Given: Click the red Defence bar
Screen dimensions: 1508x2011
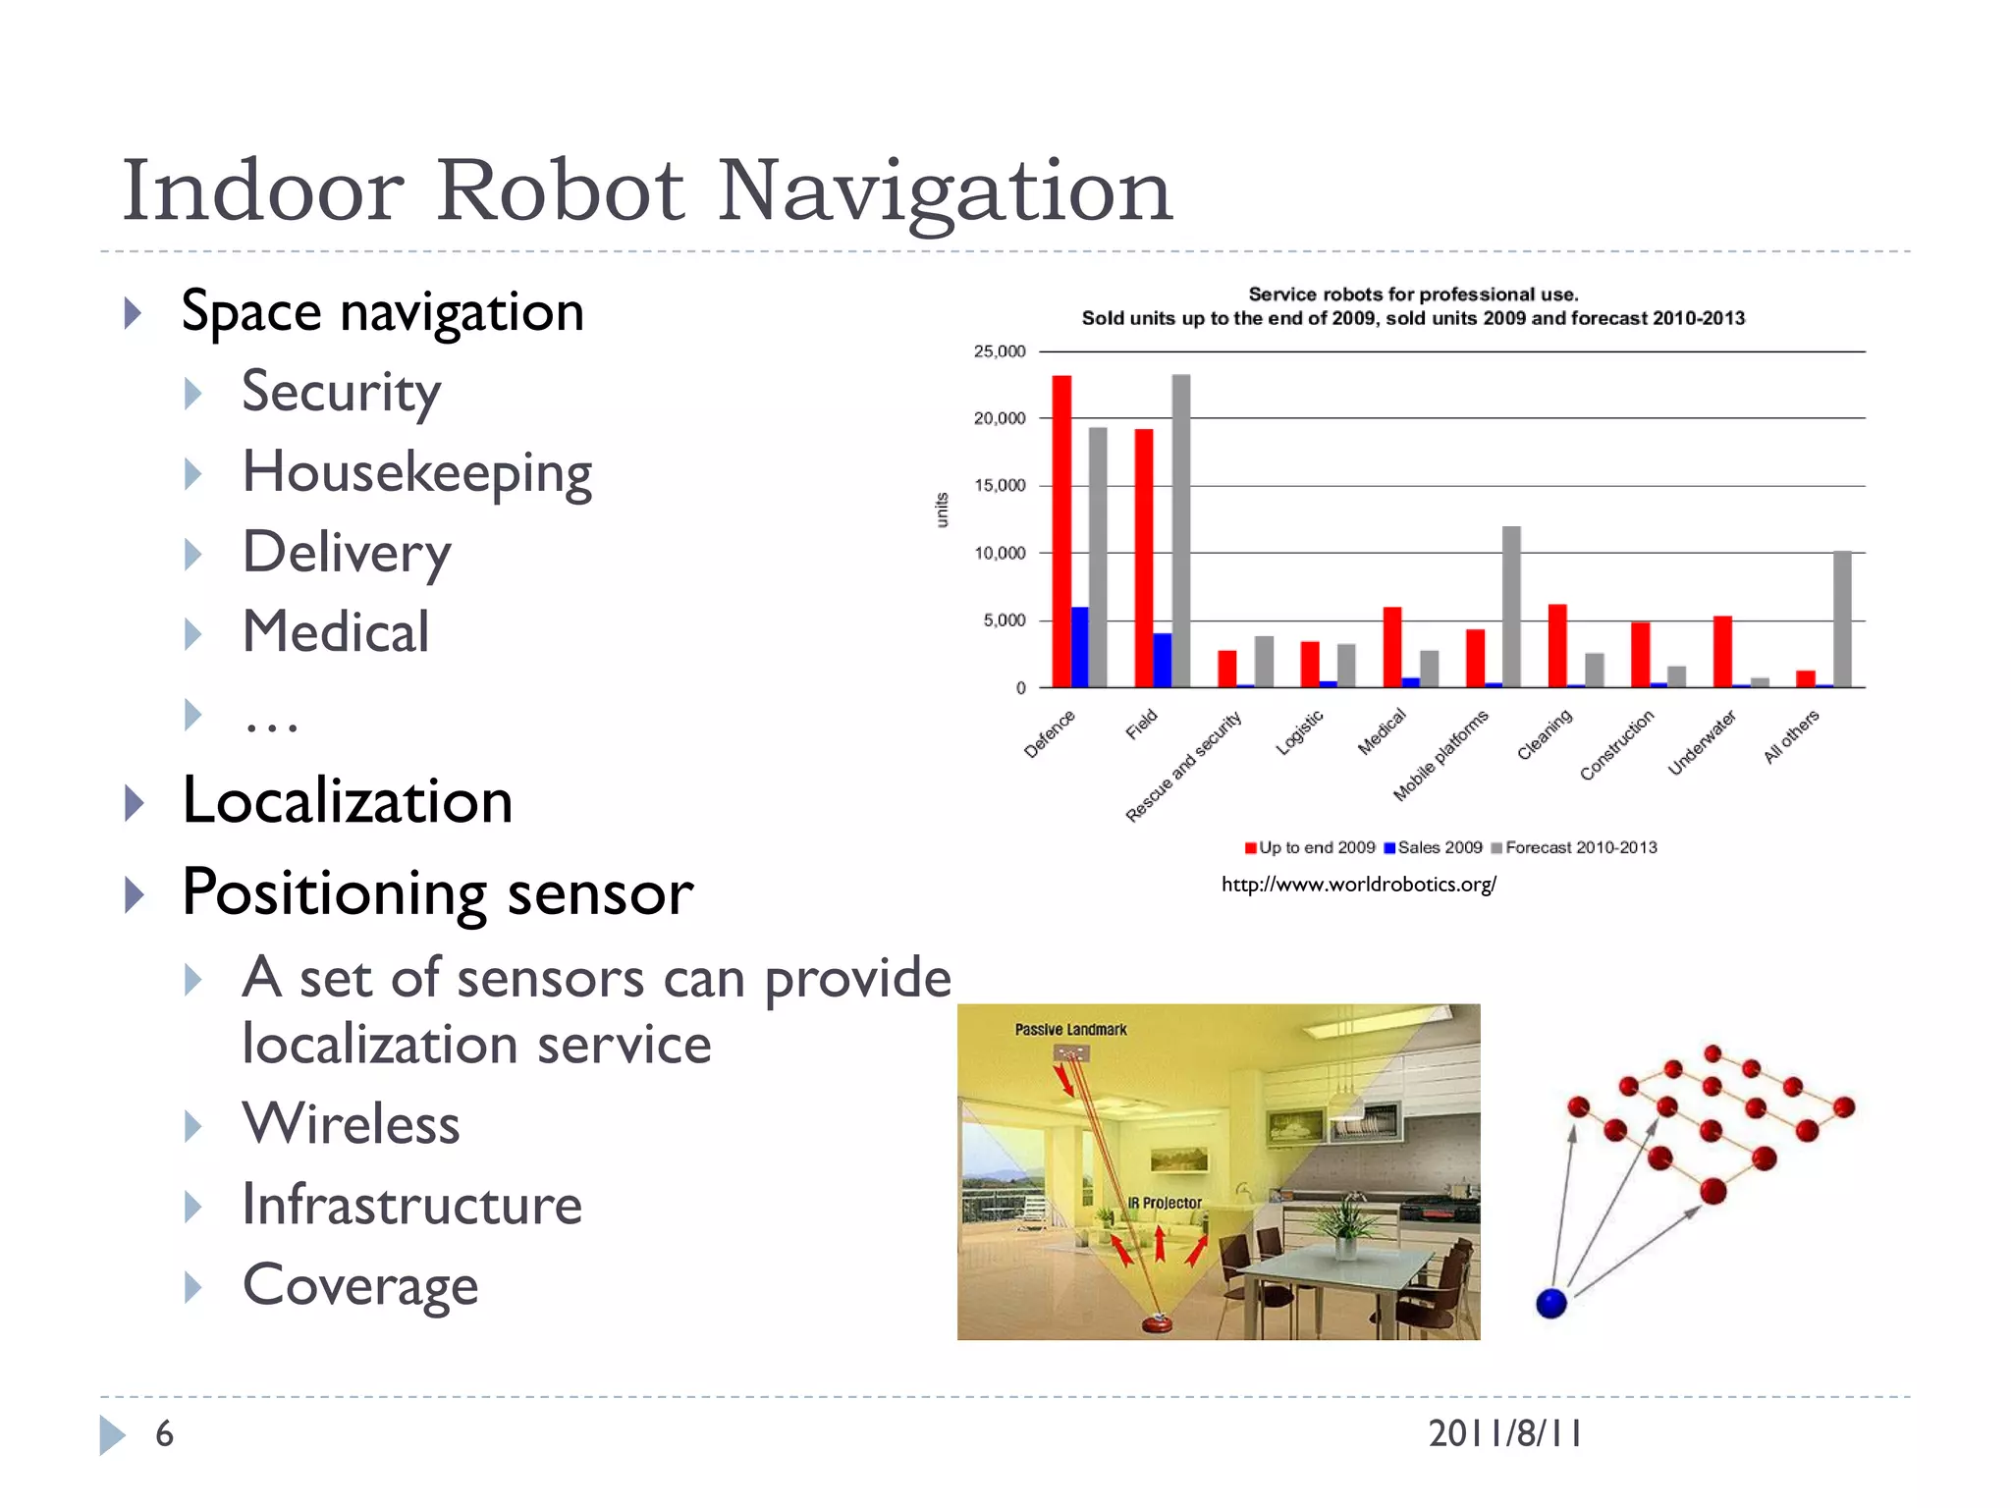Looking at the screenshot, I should point(1061,530).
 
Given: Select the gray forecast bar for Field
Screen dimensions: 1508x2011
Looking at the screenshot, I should point(1180,530).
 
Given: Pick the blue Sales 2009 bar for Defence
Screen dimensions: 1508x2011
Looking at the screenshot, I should point(1079,647).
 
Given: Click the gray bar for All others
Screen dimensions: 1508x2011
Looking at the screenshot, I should point(1842,619).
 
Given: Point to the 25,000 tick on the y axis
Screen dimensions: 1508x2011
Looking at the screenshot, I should point(1000,351).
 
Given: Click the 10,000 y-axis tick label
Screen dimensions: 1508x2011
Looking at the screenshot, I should point(1000,554).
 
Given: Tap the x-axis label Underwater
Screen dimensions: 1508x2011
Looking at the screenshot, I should point(1703,742).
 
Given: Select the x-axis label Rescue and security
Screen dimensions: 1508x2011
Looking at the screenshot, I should point(1184,766).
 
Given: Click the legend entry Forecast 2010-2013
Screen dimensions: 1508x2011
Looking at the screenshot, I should point(1580,847).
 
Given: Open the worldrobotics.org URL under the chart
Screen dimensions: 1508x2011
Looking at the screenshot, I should point(1358,885).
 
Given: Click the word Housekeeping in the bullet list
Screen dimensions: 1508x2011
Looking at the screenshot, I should point(417,473).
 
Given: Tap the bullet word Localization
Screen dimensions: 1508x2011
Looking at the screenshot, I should point(348,801).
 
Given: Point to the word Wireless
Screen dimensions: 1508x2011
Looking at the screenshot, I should point(351,1124).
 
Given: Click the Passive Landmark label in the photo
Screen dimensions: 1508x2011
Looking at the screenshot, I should point(1070,1030).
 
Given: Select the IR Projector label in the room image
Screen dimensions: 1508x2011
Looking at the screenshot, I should point(1165,1203).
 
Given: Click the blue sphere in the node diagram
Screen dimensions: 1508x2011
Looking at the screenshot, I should point(1550,1303).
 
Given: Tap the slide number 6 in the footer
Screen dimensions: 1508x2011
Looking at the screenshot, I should point(164,1434).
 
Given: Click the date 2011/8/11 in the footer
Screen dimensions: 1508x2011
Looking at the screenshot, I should point(1504,1434).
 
